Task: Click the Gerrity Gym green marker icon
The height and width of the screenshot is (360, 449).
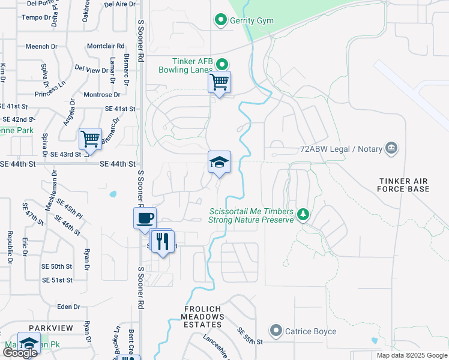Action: (x=220, y=21)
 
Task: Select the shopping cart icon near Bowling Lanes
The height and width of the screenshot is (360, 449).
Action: (x=220, y=82)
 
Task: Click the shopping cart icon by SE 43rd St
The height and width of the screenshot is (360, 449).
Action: (x=90, y=139)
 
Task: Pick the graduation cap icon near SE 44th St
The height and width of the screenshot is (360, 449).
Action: (x=220, y=161)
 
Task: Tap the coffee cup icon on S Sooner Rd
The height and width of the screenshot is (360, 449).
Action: (x=145, y=218)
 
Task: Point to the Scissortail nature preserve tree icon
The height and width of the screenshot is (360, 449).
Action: (x=304, y=215)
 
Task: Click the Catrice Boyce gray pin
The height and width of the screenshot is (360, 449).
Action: (x=276, y=331)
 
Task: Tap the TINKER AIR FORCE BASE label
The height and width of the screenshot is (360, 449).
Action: (x=405, y=185)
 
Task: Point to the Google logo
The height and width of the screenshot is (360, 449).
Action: (x=20, y=352)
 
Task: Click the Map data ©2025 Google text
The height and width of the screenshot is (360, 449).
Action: (x=411, y=355)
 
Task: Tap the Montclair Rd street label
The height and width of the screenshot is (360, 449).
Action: (x=106, y=46)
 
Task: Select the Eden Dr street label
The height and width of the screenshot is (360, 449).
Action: (x=68, y=307)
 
